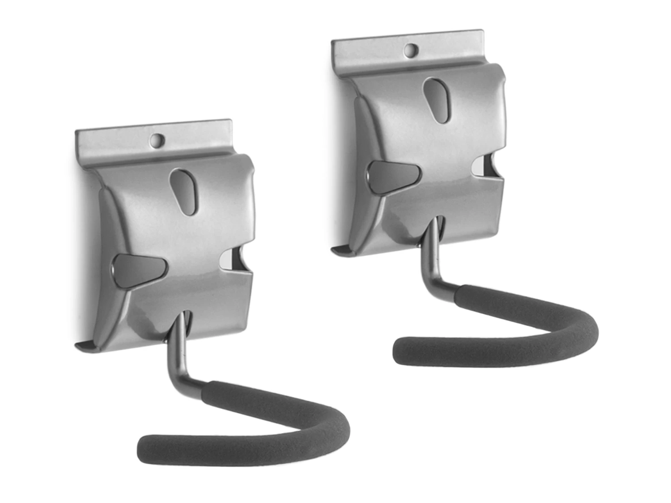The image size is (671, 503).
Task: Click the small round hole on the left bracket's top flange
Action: [x=157, y=140]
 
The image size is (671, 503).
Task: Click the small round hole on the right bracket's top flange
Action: [x=410, y=50]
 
